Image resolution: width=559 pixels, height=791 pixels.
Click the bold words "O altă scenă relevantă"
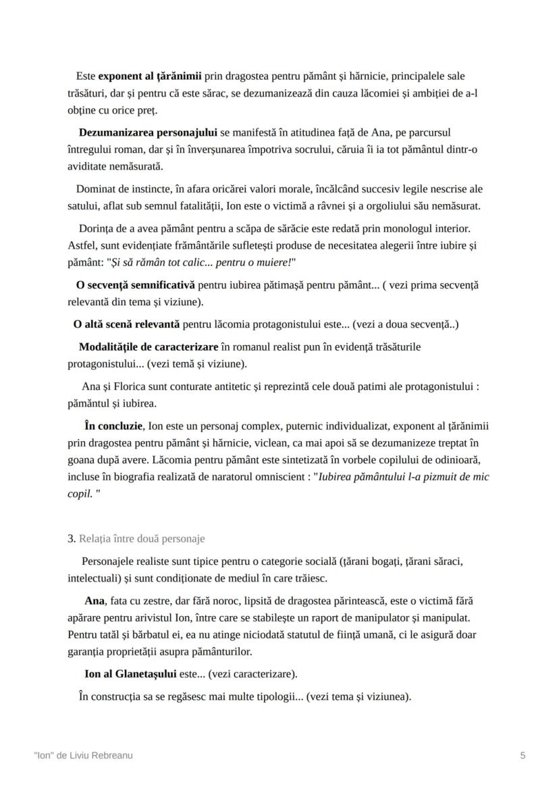point(126,324)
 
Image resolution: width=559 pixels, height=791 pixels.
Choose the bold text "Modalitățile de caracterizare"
point(149,347)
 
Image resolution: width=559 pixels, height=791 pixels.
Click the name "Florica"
point(130,387)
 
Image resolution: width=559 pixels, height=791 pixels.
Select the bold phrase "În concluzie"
point(113,426)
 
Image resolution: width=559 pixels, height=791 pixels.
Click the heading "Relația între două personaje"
point(142,538)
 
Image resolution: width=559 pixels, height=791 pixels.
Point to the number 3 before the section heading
point(71,538)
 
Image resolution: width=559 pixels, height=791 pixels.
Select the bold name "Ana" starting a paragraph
point(95,601)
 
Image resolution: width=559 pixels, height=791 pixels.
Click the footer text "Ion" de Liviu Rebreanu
point(83,756)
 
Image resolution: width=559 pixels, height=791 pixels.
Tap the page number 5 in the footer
point(523,756)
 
